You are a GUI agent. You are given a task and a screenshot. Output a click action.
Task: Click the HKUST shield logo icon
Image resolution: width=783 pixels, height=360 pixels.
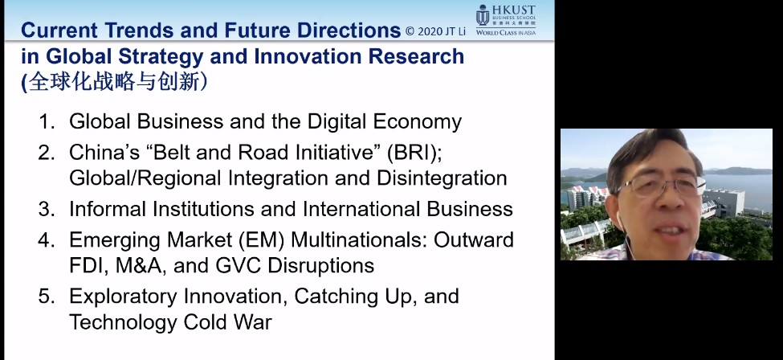click(483, 15)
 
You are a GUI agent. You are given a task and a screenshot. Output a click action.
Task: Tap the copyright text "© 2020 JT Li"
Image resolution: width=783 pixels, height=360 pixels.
click(435, 31)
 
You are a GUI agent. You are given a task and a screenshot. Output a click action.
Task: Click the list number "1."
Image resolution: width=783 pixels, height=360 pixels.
click(47, 121)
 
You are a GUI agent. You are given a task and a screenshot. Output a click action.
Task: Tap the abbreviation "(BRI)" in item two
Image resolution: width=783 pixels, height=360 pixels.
click(415, 153)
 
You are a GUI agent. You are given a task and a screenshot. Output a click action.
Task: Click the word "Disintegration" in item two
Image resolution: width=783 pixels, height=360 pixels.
click(442, 178)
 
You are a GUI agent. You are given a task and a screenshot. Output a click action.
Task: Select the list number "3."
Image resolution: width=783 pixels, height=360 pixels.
click(47, 209)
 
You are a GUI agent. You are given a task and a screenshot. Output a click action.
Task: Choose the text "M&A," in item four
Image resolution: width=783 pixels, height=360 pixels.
click(142, 265)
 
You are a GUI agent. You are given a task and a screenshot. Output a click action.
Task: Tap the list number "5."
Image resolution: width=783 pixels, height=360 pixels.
click(47, 297)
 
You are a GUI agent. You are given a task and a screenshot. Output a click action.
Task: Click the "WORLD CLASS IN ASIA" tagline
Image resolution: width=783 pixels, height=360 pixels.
click(506, 32)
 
